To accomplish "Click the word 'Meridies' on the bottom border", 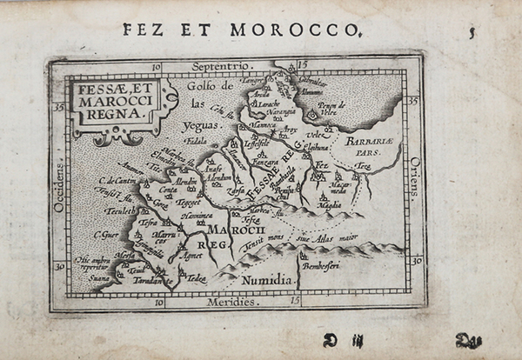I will coord(232,302).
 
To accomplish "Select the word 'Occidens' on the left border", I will coord(58,187).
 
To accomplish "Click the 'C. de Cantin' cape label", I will coord(114,180).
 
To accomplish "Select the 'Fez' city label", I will coord(321,163).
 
